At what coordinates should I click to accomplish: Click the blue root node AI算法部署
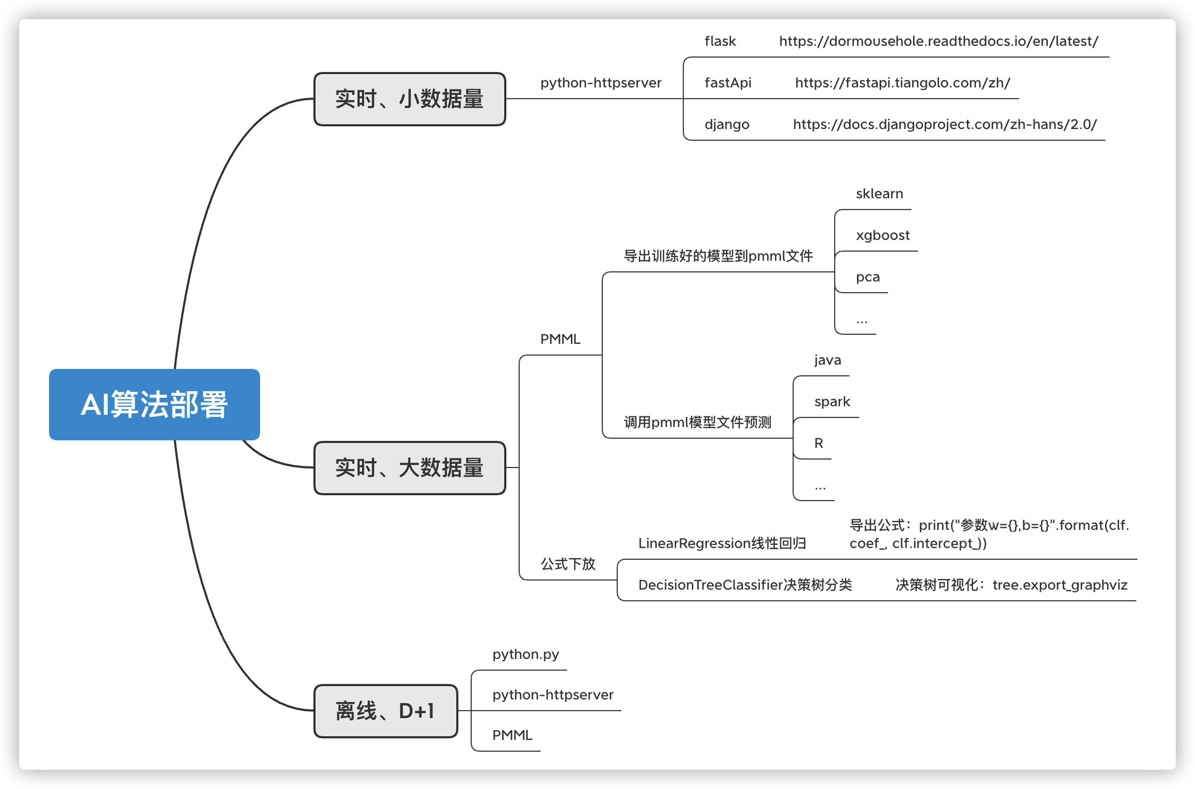tap(155, 405)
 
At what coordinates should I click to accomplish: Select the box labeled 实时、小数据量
tap(409, 99)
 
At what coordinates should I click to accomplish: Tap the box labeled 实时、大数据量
tap(409, 468)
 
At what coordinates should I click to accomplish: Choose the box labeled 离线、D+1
tap(385, 711)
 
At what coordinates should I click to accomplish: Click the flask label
tap(720, 42)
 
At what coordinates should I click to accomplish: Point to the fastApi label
tap(728, 83)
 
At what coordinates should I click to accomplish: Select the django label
tap(726, 125)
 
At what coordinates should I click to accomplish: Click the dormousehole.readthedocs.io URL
tap(938, 42)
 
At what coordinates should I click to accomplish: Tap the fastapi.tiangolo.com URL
tap(902, 83)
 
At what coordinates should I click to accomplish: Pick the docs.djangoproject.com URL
tap(944, 125)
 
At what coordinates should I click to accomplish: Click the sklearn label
tap(879, 194)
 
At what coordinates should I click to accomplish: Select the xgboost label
tap(883, 236)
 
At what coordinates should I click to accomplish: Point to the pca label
tap(868, 277)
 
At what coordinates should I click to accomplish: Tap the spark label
tap(832, 402)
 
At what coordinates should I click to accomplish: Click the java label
tap(828, 360)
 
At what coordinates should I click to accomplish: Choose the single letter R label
tap(819, 444)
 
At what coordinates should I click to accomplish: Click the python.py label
tap(526, 655)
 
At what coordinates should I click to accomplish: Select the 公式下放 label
tap(568, 564)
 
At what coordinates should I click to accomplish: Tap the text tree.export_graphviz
tap(1060, 585)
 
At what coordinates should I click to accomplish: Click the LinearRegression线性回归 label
tap(722, 544)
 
